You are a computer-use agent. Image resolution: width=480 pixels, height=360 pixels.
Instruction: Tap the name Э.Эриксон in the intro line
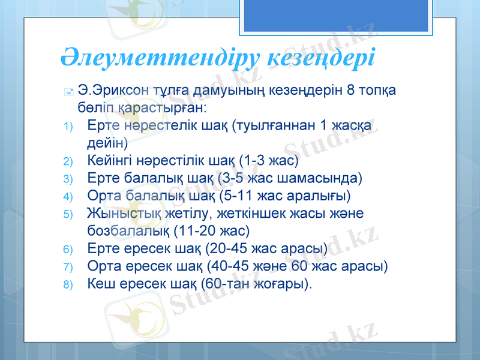click(114, 91)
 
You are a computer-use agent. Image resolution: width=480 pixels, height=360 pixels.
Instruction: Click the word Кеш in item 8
click(100, 283)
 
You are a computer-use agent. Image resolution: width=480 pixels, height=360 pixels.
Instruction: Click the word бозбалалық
click(128, 230)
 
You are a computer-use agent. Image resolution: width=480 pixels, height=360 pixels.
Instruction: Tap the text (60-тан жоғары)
click(257, 283)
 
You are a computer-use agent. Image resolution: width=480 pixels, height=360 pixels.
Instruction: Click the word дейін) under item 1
click(107, 143)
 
